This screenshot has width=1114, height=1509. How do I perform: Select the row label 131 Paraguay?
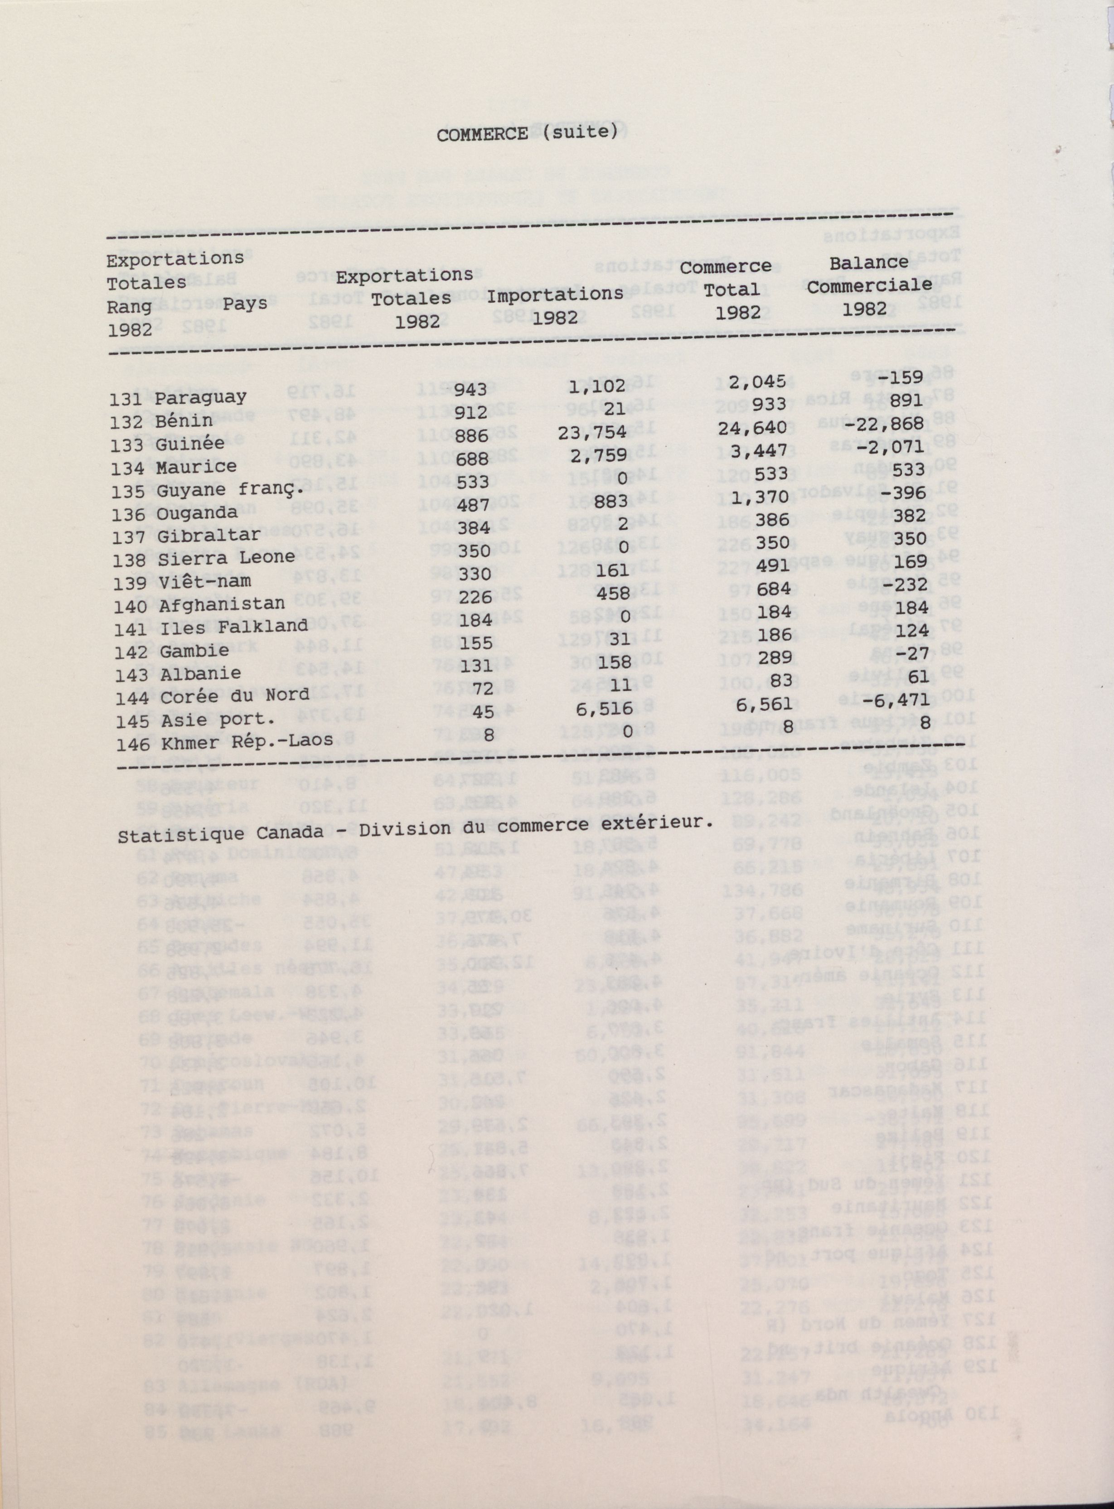178,398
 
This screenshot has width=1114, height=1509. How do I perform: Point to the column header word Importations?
555,295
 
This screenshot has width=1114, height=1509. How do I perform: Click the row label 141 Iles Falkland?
208,626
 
